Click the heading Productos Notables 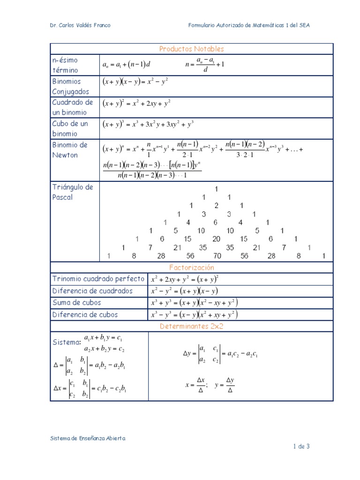[x=191, y=49]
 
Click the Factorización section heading [x=191, y=267]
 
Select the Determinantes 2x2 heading [x=191, y=326]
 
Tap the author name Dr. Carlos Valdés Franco [x=80, y=25]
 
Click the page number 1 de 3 [x=301, y=446]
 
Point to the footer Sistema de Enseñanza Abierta [x=88, y=438]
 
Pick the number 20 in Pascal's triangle [x=216, y=239]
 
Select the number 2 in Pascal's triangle [x=216, y=205]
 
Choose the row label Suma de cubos [x=76, y=303]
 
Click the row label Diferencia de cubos [x=85, y=315]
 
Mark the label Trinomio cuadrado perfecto [x=98, y=279]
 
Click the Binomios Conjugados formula [x=135, y=81]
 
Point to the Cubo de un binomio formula [x=148, y=124]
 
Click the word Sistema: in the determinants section [x=66, y=343]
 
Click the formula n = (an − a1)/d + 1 [x=205, y=64]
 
